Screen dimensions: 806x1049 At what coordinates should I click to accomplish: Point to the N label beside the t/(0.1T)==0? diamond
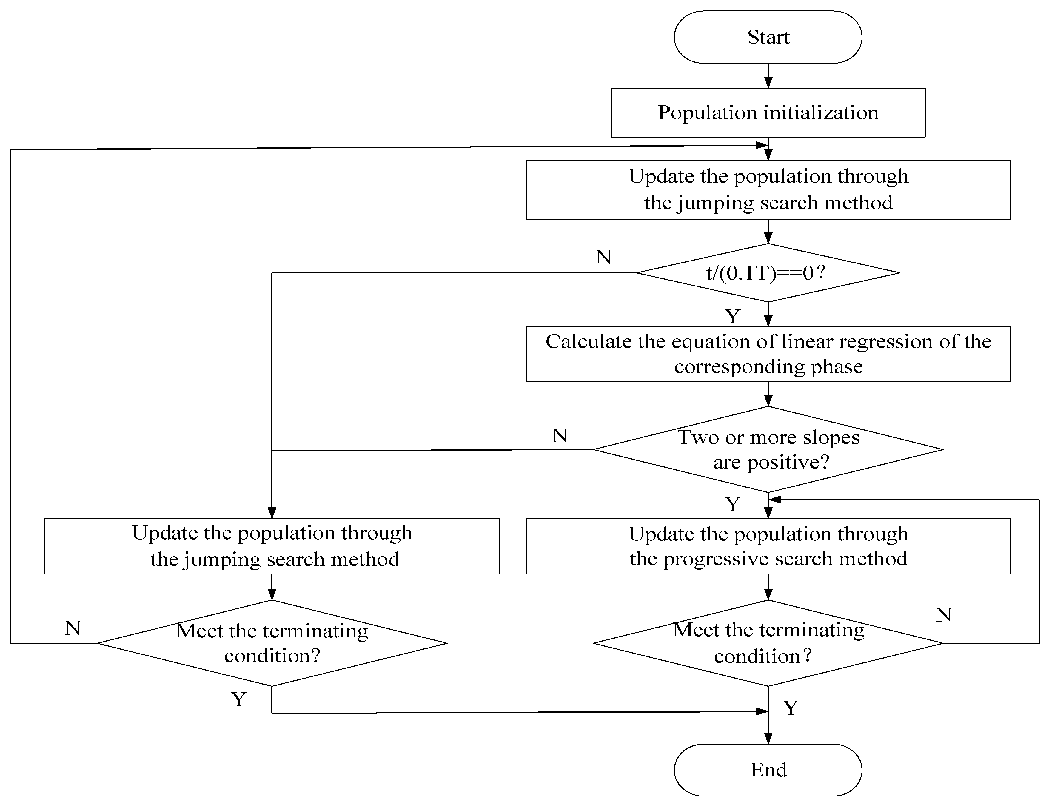click(603, 257)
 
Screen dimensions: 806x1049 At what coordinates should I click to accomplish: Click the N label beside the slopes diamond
click(560, 436)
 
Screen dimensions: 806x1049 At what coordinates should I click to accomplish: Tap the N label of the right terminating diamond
click(943, 615)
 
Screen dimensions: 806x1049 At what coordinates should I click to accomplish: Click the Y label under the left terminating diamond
click(238, 699)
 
